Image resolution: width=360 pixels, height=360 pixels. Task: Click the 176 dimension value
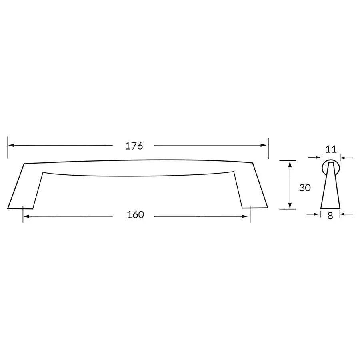[134, 146]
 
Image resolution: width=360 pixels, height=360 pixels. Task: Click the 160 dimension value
[135, 215]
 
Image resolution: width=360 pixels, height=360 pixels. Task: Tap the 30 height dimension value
[305, 188]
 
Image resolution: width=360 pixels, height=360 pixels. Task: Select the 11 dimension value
[330, 150]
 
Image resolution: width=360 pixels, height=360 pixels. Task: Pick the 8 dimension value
[330, 216]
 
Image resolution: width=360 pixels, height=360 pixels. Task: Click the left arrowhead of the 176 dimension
[11, 146]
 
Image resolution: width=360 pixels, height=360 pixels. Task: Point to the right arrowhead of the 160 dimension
[246, 216]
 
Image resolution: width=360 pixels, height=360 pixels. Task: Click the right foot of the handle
[255, 204]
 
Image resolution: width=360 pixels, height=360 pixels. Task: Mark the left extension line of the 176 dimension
[8, 148]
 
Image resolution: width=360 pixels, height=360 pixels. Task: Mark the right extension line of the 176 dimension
[268, 148]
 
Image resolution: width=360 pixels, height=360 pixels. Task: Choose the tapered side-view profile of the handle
[330, 190]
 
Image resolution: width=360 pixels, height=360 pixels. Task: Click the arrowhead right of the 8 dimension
[342, 214]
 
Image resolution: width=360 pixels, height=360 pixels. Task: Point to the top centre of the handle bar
[138, 160]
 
